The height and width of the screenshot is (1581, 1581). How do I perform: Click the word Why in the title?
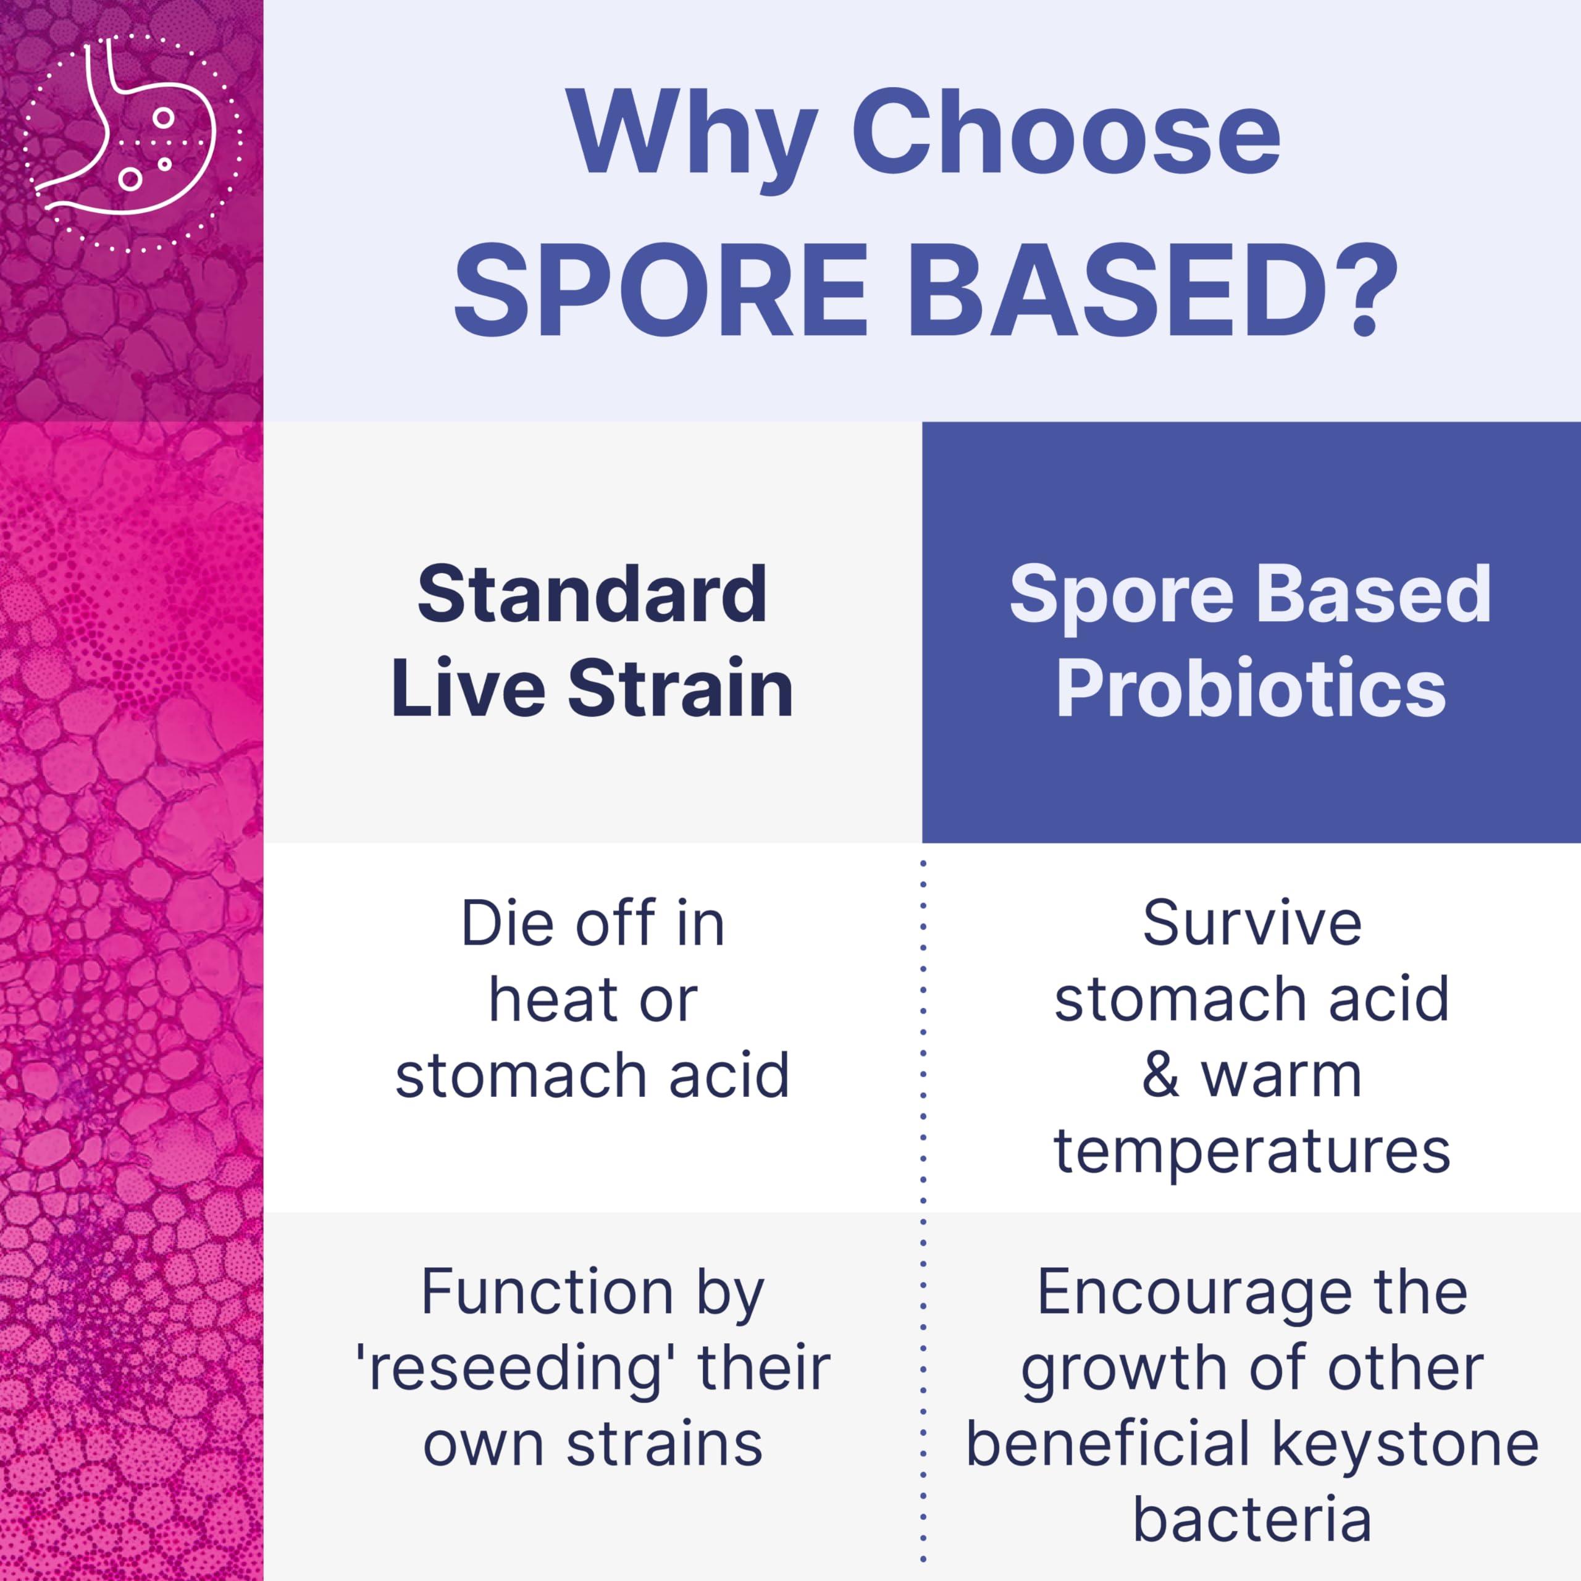692,133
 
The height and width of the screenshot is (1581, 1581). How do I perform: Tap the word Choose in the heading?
1067,133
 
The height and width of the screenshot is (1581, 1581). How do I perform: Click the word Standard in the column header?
592,593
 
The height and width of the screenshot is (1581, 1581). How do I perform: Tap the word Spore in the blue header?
1120,595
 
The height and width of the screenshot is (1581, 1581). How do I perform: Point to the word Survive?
1252,924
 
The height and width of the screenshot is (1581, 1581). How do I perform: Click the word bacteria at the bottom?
1252,1520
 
